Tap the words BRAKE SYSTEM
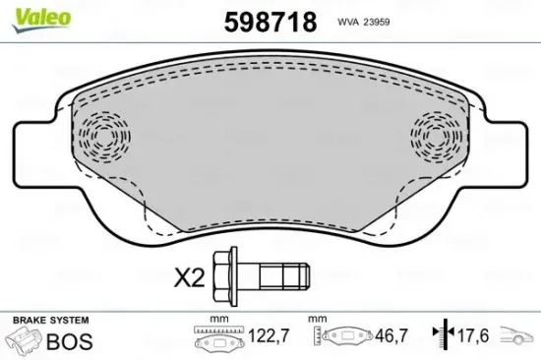pos(49,321)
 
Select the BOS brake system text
pos(71,342)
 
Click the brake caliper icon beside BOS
pos(26,342)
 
